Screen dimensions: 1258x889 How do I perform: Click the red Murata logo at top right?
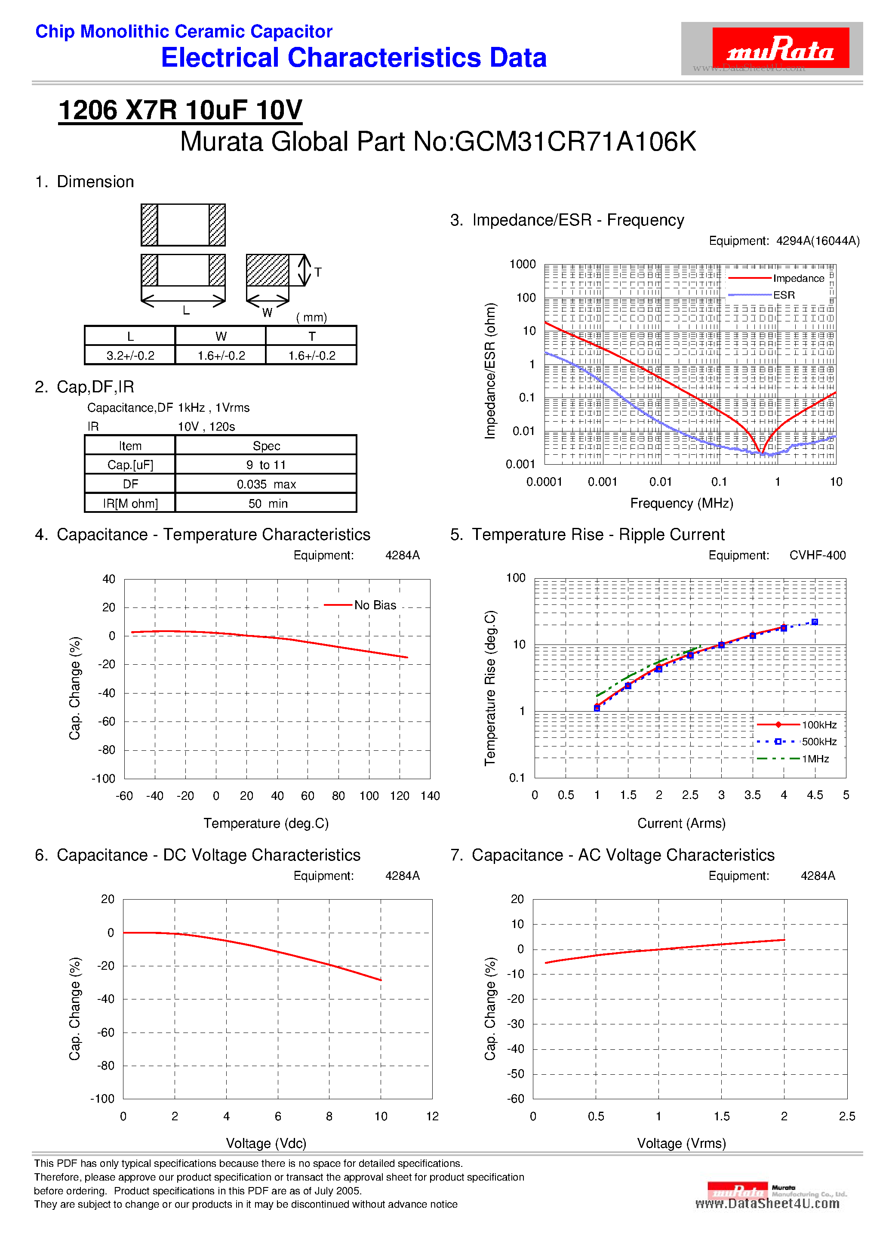tap(780, 48)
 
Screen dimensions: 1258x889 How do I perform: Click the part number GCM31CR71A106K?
tap(575, 142)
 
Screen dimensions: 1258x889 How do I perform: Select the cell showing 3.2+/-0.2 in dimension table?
tap(130, 356)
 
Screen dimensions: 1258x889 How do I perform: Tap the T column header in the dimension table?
tap(312, 336)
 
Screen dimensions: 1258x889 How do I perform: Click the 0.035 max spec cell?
tap(266, 484)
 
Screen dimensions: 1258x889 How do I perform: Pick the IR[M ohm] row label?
tap(130, 503)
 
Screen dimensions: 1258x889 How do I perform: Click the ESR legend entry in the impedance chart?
tap(783, 295)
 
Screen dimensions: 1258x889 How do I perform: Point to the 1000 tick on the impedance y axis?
tap(523, 264)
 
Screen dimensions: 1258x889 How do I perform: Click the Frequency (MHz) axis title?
tap(681, 503)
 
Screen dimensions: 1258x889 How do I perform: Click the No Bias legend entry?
tap(375, 605)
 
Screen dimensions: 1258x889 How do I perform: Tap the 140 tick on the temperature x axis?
tap(430, 795)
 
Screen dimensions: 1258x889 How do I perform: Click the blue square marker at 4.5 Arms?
tap(815, 622)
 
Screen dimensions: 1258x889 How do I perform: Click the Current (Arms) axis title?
tap(681, 823)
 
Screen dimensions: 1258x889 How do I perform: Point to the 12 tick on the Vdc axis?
tap(432, 1116)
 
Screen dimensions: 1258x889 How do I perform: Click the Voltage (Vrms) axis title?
tap(681, 1143)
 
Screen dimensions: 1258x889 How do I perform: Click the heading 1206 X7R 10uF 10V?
tap(180, 110)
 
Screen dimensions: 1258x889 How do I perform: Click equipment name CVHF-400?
tap(817, 555)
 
